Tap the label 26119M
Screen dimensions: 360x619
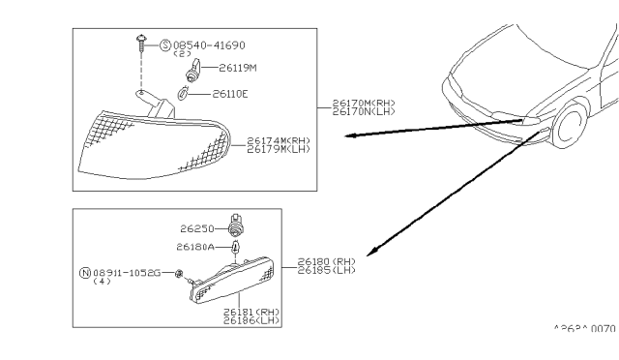237,69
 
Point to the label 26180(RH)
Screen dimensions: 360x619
328,261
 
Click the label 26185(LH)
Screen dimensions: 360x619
328,270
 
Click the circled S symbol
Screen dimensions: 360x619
164,45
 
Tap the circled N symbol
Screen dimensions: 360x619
85,272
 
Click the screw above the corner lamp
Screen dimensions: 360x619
141,42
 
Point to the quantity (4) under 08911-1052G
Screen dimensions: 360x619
101,282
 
